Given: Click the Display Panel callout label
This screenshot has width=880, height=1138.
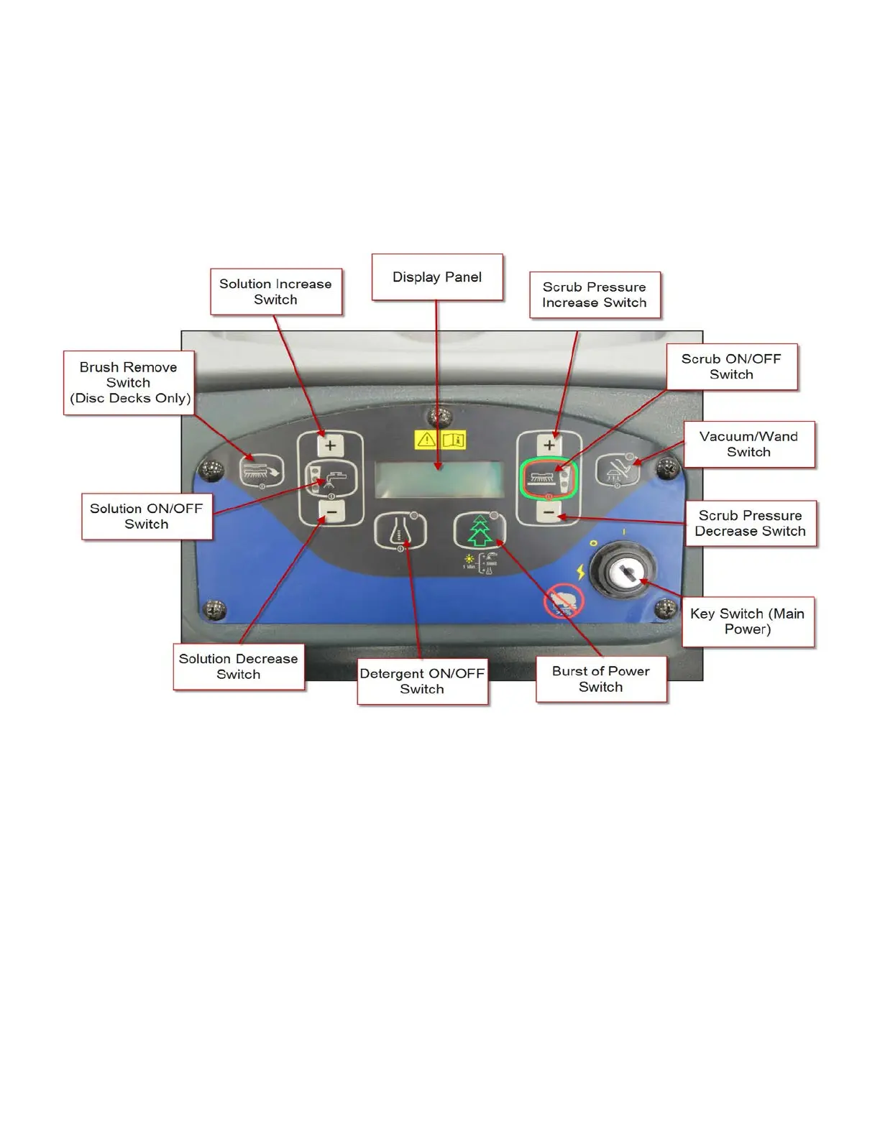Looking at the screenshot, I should [437, 277].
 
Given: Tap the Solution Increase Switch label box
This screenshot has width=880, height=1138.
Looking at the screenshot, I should [275, 292].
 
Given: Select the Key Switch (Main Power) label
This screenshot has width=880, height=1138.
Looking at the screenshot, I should [748, 621].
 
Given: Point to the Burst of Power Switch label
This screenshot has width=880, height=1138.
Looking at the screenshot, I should [601, 679].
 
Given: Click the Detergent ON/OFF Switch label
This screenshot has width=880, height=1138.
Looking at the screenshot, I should [422, 681].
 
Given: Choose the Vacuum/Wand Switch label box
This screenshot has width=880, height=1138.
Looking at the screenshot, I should [748, 444].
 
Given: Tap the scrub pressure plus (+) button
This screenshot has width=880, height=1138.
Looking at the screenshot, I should [549, 445].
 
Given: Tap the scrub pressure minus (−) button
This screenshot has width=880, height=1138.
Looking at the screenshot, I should [549, 512].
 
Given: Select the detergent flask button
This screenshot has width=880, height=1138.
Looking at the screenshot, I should [399, 532].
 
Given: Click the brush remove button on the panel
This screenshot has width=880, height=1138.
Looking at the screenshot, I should [261, 471].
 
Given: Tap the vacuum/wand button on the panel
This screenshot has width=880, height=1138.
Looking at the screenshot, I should [618, 471].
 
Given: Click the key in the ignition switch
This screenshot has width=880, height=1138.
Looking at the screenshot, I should [623, 573].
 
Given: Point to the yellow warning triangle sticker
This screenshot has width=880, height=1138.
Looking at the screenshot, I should [426, 440].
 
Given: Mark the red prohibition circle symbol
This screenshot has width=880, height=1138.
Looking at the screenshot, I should [563, 602].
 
